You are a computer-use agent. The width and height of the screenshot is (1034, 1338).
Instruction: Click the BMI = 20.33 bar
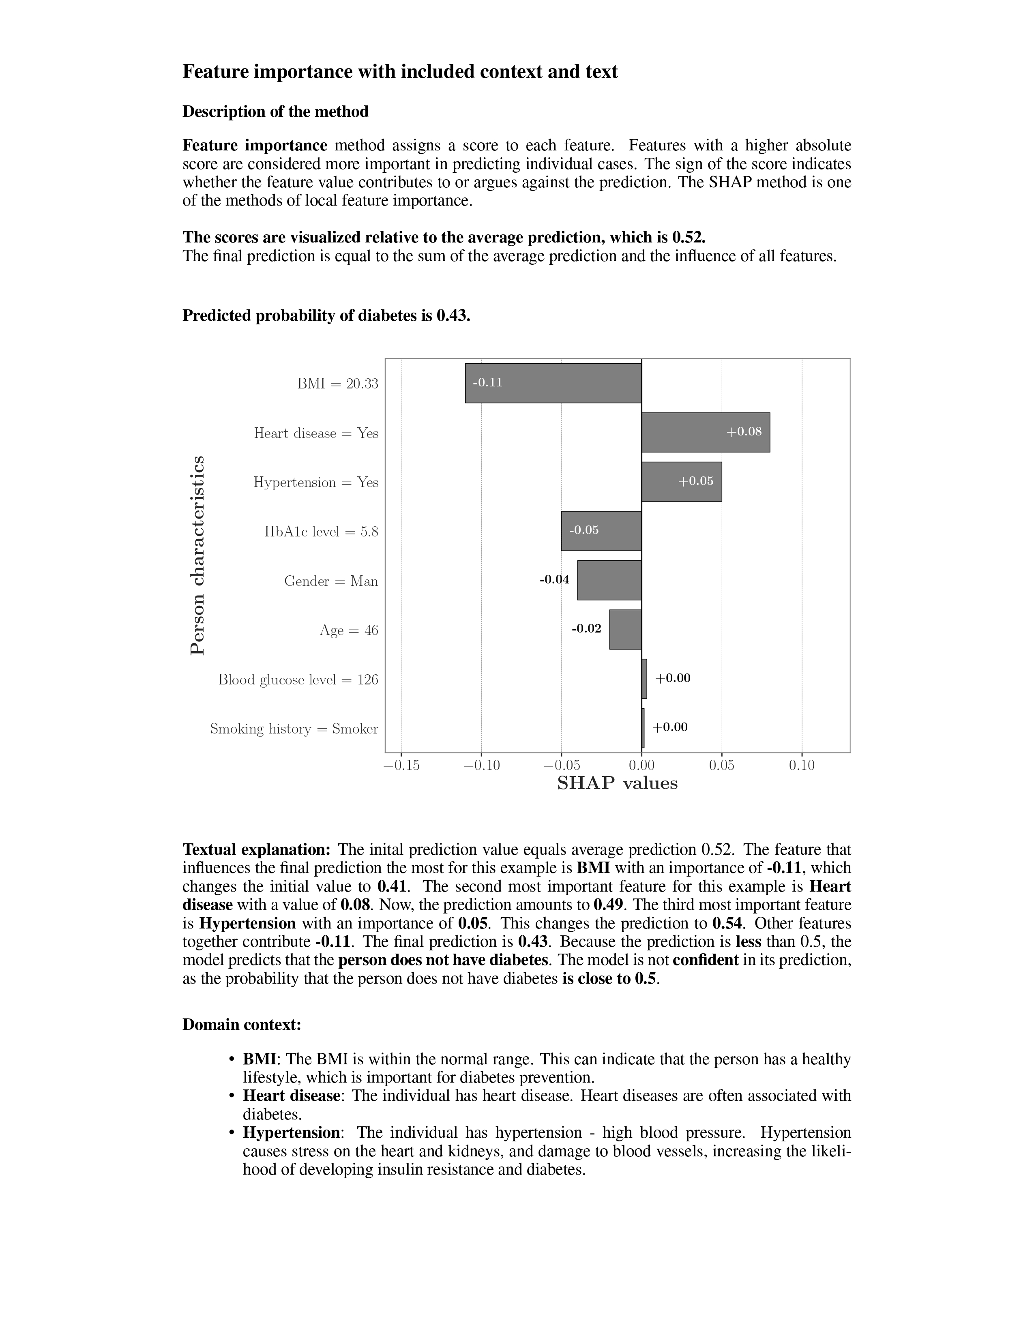553,383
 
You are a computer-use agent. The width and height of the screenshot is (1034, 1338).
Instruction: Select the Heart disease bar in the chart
705,433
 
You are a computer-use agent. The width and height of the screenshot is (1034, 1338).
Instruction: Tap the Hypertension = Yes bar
681,482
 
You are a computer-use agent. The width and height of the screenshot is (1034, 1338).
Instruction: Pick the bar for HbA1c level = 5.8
601,531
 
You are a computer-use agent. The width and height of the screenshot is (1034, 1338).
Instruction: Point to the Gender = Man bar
609,580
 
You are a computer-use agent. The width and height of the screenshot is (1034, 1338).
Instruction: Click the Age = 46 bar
625,629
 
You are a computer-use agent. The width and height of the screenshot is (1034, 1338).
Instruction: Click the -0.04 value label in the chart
554,579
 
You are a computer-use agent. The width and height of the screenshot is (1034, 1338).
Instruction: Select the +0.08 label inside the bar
744,431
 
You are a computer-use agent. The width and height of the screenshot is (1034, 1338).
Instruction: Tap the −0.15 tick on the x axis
401,765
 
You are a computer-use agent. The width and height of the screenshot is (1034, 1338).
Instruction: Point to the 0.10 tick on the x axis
802,765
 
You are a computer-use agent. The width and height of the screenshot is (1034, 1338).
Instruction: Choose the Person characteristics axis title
197,555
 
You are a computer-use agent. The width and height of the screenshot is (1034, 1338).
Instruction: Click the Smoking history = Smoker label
294,729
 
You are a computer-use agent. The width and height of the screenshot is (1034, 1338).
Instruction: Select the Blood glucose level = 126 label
298,680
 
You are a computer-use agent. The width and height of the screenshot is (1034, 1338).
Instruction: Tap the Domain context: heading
241,1024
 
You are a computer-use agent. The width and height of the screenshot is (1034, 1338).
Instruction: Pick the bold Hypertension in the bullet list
291,1132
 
